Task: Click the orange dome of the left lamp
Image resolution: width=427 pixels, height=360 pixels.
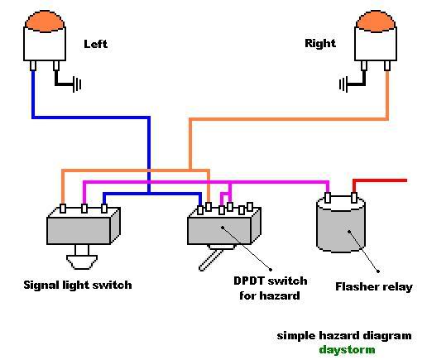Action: pyautogui.click(x=45, y=21)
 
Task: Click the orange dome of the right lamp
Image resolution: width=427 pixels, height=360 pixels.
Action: pyautogui.click(x=376, y=21)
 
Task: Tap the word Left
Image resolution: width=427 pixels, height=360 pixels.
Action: pyautogui.click(x=95, y=44)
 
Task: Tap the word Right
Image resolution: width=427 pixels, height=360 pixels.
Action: pyautogui.click(x=320, y=43)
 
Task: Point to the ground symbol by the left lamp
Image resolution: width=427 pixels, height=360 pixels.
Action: pyautogui.click(x=77, y=84)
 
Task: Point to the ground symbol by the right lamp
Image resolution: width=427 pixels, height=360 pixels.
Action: pyautogui.click(x=343, y=84)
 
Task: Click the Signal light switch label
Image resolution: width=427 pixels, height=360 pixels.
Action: pyautogui.click(x=78, y=286)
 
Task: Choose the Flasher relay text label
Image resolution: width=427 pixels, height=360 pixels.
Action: pyautogui.click(x=374, y=287)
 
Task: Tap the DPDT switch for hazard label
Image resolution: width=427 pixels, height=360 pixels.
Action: pyautogui.click(x=270, y=288)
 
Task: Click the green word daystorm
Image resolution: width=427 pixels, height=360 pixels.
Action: pyautogui.click(x=347, y=349)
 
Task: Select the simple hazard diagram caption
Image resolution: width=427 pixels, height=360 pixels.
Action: pyautogui.click(x=344, y=336)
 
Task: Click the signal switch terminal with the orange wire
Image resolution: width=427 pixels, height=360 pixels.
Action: pyautogui.click(x=63, y=209)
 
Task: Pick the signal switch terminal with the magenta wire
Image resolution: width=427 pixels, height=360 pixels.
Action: pyautogui.click(x=84, y=209)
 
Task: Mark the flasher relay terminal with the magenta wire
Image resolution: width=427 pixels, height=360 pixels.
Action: pyautogui.click(x=328, y=198)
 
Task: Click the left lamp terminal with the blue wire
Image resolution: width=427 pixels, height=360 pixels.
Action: pyautogui.click(x=33, y=66)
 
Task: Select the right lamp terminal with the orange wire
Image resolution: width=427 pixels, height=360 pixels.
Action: pyautogui.click(x=387, y=66)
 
